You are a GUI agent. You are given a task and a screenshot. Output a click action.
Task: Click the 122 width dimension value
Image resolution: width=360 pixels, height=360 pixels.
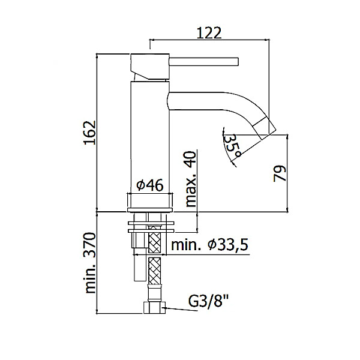[208, 32]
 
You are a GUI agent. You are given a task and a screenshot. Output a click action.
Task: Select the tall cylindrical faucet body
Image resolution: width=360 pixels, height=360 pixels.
[150, 138]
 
